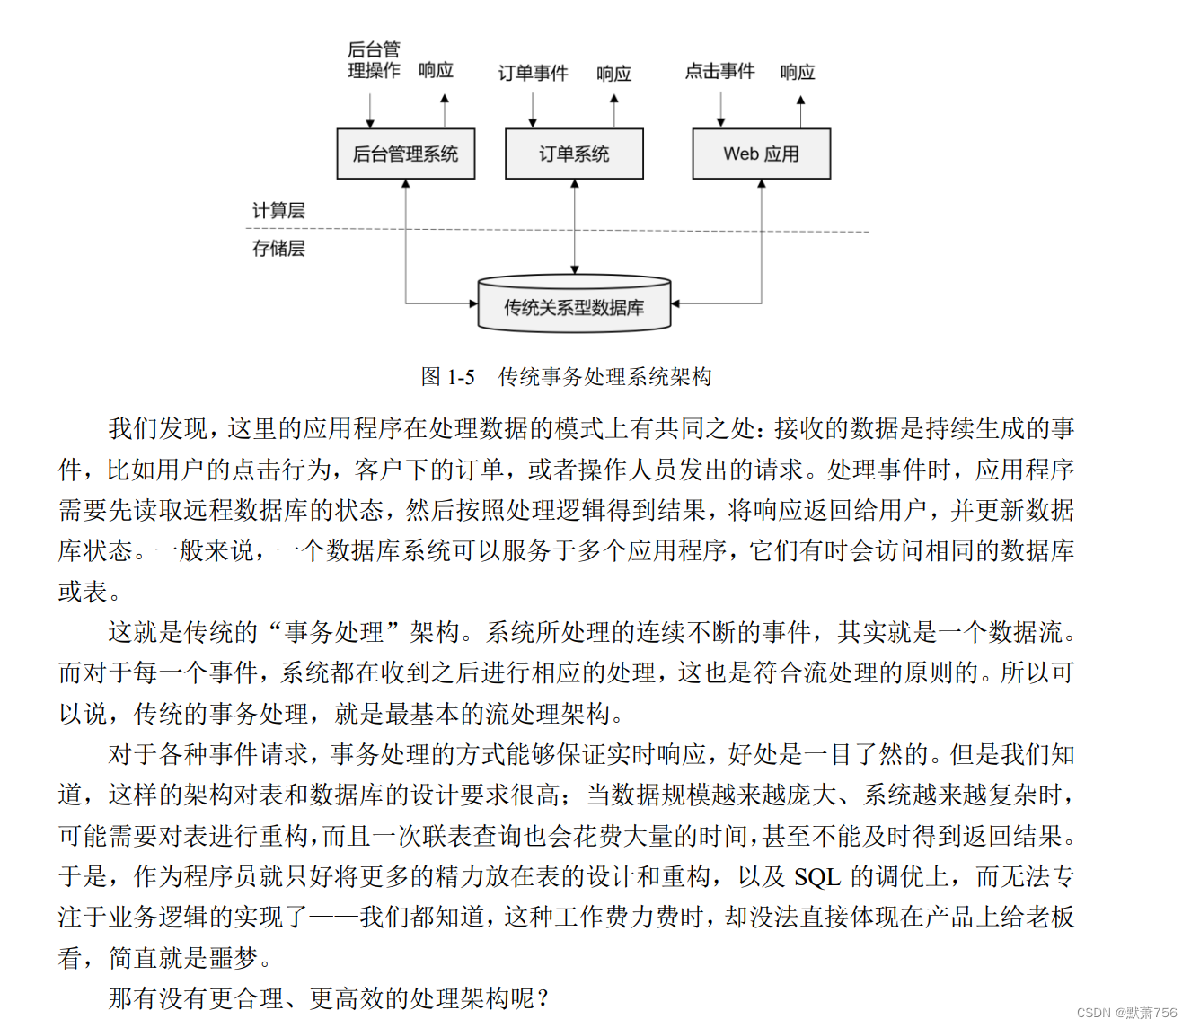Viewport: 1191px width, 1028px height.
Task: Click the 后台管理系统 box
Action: point(405,154)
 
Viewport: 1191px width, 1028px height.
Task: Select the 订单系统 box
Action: point(574,154)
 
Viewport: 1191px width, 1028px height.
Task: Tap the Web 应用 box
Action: point(761,154)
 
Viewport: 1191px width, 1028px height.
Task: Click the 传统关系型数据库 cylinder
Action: point(574,307)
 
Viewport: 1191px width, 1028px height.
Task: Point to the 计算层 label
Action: point(278,211)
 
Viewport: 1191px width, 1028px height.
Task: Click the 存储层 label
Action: point(278,249)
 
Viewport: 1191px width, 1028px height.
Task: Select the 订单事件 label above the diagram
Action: point(533,73)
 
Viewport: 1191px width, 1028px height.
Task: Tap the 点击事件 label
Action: point(719,71)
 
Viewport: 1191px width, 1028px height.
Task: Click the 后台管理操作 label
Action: point(374,59)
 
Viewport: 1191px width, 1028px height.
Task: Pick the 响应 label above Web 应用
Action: point(798,72)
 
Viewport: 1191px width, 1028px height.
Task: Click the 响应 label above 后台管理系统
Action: point(436,70)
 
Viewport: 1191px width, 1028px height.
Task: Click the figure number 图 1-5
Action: point(447,377)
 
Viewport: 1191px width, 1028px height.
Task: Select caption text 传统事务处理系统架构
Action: point(604,377)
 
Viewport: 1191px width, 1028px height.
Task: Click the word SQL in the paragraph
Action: point(817,877)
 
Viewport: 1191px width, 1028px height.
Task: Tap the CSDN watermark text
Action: point(1126,1013)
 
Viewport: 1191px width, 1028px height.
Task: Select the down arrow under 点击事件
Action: point(720,109)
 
